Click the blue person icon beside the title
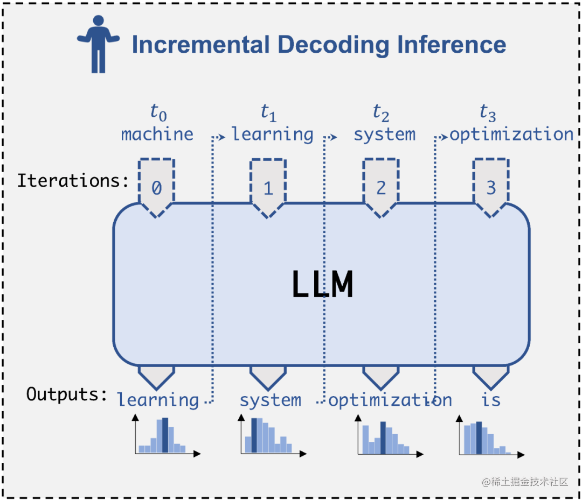click(98, 44)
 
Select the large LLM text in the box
click(322, 285)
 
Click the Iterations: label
click(73, 181)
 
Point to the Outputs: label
click(67, 394)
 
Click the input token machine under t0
click(157, 134)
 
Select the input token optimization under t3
click(511, 134)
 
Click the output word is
click(491, 400)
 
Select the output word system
click(270, 400)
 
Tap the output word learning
click(158, 400)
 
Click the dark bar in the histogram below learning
click(165, 435)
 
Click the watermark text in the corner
click(525, 481)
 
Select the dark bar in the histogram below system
click(254, 435)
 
